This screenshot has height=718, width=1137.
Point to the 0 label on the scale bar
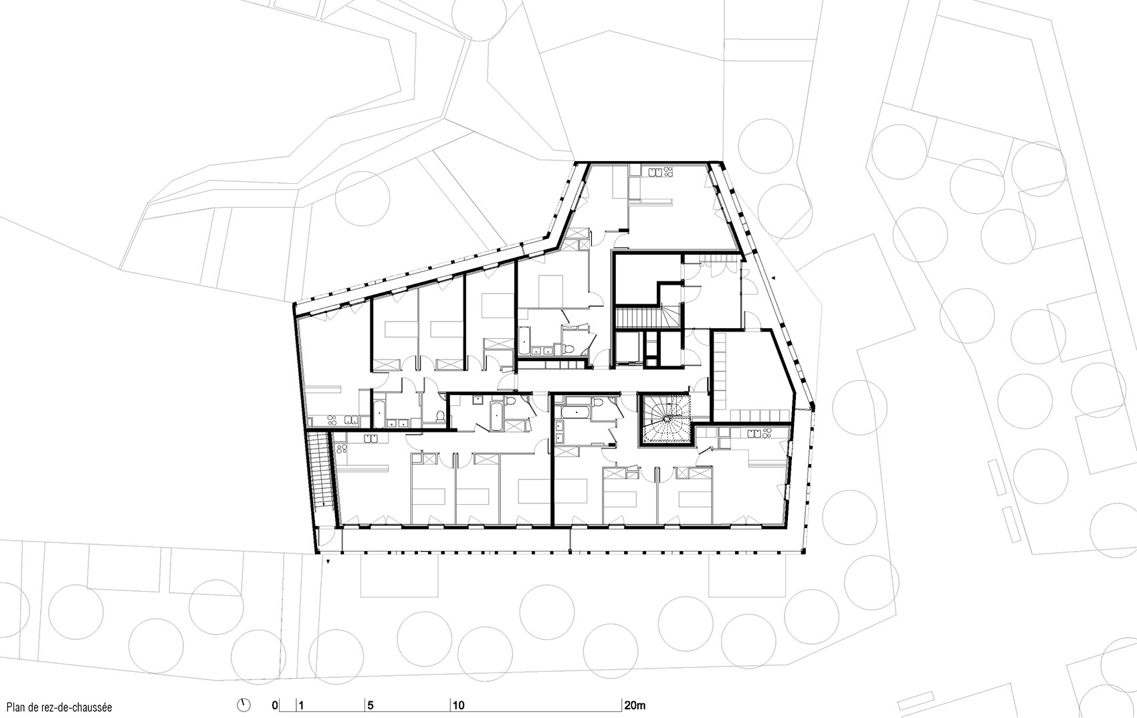pyautogui.click(x=274, y=705)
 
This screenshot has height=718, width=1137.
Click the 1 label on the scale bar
pyautogui.click(x=301, y=705)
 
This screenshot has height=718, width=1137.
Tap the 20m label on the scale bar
pyautogui.click(x=635, y=705)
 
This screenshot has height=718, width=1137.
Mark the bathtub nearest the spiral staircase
pyautogui.click(x=575, y=409)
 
